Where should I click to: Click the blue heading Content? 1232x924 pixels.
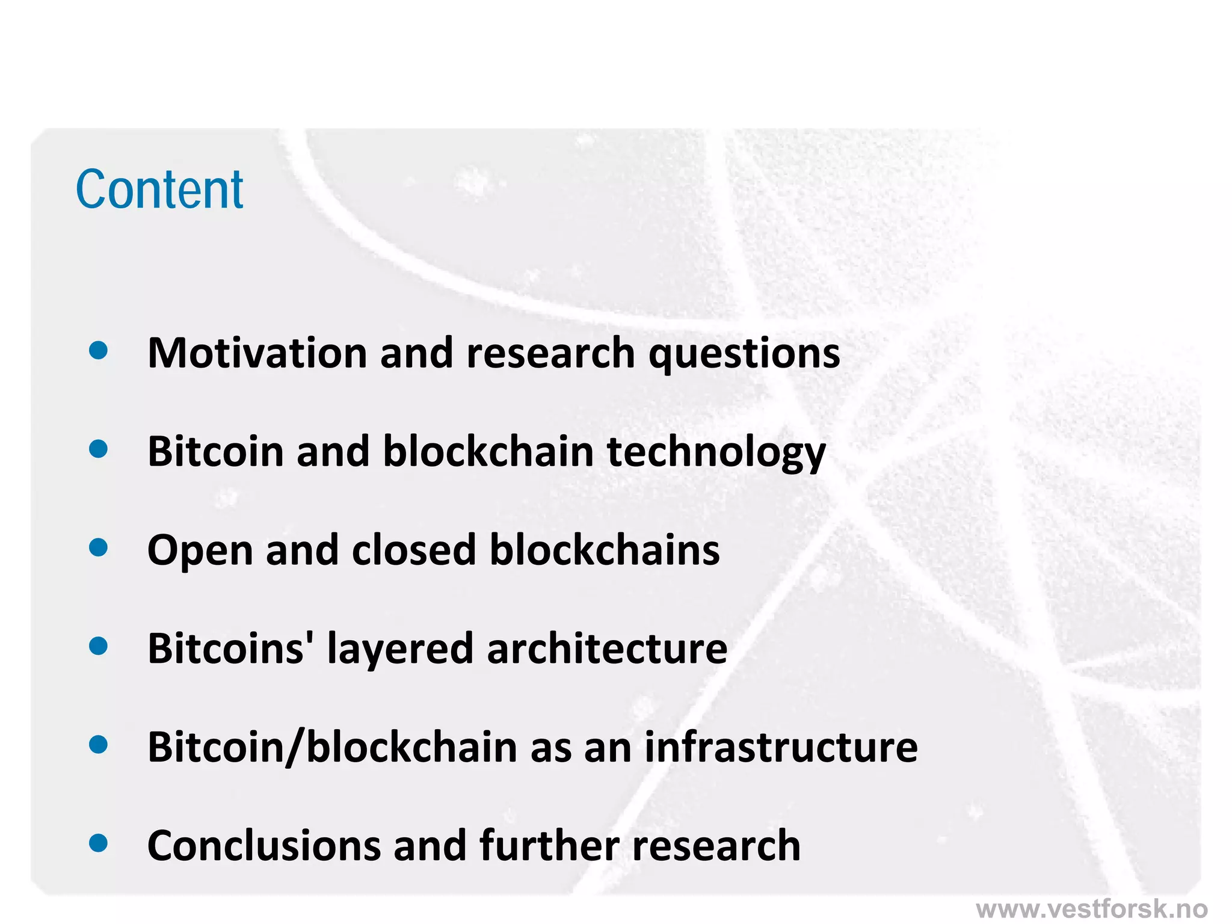point(159,189)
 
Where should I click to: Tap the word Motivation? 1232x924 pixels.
point(257,353)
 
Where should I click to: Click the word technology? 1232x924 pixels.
point(716,452)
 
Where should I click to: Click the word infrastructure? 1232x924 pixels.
point(781,747)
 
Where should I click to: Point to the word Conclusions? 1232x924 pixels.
point(264,846)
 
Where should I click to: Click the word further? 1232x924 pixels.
point(549,846)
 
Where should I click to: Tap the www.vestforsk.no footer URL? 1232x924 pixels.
point(1092,908)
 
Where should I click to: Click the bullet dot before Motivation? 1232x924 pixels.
point(98,350)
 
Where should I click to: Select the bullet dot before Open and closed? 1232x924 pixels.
point(98,547)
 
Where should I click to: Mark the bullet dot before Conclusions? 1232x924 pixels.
point(98,843)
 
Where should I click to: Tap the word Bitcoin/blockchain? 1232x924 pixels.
point(333,747)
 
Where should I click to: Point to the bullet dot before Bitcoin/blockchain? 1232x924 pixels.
point(98,745)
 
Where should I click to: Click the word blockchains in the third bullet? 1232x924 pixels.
point(605,550)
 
